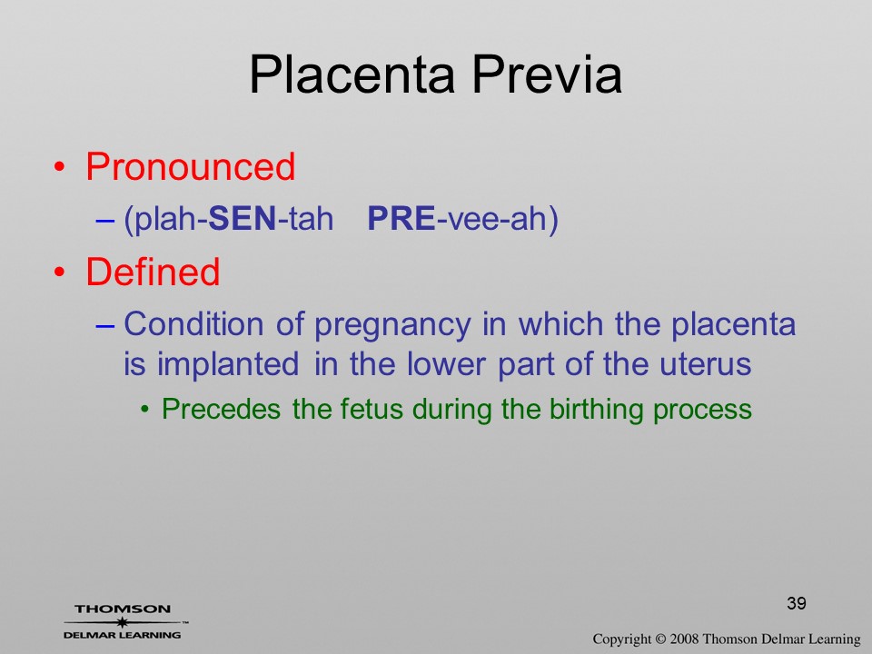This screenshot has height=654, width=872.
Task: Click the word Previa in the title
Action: [547, 74]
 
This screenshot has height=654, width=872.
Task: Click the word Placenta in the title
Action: [352, 74]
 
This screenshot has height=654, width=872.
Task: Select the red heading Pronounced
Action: [190, 167]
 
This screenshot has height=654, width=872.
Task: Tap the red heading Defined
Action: [153, 272]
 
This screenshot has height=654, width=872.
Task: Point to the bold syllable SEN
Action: [242, 218]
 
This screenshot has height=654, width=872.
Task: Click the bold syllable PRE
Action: [401, 218]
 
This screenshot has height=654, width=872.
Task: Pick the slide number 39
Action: [797, 603]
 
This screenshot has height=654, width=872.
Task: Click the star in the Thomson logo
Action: [123, 622]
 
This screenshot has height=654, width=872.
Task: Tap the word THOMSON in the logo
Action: [123, 609]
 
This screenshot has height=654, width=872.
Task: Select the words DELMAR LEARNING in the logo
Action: [123, 635]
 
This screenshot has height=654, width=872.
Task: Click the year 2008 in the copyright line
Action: [684, 639]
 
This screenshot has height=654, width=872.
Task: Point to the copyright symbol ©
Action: [660, 639]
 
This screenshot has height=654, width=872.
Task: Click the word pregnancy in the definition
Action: [392, 326]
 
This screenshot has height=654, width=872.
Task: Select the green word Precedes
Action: [221, 410]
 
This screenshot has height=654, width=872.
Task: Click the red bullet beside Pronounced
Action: [60, 167]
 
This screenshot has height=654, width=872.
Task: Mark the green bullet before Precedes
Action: [145, 411]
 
